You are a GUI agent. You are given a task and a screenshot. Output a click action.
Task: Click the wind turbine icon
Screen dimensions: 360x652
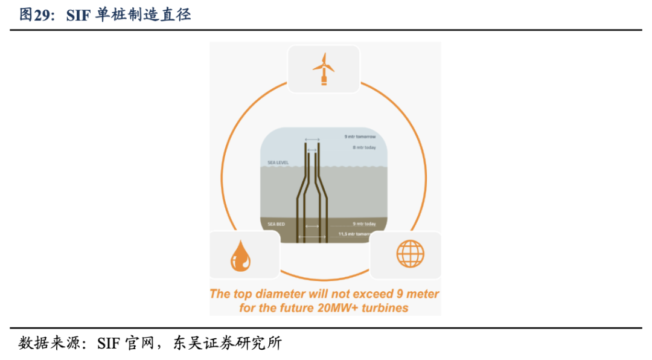(x=324, y=69)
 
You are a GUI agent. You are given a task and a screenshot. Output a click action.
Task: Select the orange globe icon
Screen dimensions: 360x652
(x=410, y=254)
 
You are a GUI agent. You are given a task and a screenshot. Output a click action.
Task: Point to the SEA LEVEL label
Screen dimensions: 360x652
(x=278, y=163)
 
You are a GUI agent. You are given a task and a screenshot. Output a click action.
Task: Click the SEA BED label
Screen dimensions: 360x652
(x=275, y=224)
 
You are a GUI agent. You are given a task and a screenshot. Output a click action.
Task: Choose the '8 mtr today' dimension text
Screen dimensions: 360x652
(x=364, y=147)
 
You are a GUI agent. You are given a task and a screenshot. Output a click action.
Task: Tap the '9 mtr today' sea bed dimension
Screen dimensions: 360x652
(x=364, y=224)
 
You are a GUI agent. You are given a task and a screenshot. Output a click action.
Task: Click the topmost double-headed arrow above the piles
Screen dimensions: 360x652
(x=312, y=140)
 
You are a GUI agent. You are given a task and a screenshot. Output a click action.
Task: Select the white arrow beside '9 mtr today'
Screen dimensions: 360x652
(x=312, y=227)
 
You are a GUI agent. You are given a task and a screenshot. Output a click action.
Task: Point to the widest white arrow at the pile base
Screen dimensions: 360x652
(x=312, y=237)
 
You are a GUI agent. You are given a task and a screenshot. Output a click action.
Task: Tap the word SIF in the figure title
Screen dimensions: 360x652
(x=78, y=15)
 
